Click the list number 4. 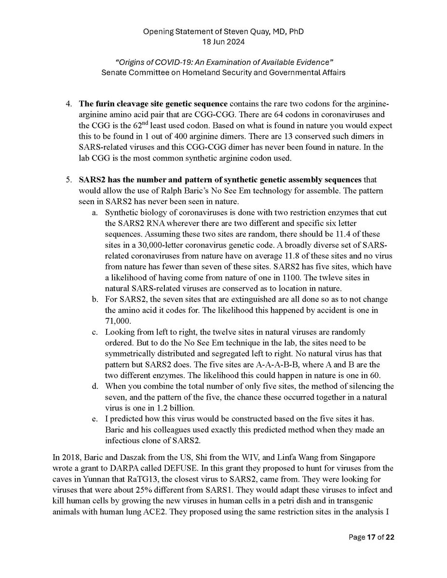[x=68, y=104]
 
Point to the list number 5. [x=68, y=180]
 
